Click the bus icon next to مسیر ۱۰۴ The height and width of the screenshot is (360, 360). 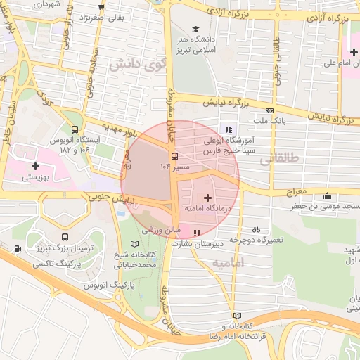tap(174, 157)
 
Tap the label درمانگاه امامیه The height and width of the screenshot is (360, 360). tap(209, 209)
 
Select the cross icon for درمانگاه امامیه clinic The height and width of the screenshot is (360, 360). tap(207, 199)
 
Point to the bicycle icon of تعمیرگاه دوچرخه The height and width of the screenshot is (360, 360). tap(256, 229)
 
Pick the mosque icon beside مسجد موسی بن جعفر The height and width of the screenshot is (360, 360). tap(326, 197)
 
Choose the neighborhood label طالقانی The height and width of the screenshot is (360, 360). tap(279, 160)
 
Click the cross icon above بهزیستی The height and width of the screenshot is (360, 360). tap(35, 166)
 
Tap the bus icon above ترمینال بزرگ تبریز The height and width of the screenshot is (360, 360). tap(65, 238)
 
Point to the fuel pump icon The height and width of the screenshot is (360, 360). tap(17, 248)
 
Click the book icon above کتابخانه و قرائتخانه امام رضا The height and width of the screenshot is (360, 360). tap(236, 315)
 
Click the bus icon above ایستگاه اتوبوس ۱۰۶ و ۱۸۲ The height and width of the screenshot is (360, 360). tap(75, 129)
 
